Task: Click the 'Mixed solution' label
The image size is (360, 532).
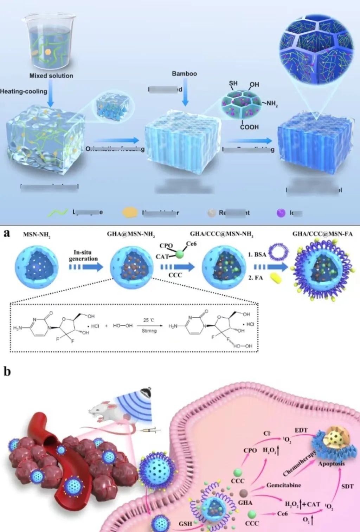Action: (x=51, y=76)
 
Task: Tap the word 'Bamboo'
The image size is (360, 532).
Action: (x=184, y=74)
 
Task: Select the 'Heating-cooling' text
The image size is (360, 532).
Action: (x=24, y=91)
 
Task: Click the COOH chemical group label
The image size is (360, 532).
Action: (x=249, y=127)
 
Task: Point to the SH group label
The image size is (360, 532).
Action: (x=233, y=84)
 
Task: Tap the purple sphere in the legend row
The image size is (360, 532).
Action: (x=281, y=213)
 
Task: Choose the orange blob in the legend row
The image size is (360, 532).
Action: (x=130, y=212)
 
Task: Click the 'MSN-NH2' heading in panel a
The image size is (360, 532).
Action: (x=37, y=234)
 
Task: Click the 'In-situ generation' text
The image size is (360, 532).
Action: (x=83, y=255)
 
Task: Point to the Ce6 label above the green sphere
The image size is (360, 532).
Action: (x=191, y=244)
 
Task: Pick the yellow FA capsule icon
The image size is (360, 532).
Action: (x=276, y=279)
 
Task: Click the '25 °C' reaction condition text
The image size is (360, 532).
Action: (x=149, y=320)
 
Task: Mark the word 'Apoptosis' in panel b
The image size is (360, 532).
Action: (x=331, y=464)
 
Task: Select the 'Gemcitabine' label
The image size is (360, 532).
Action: (x=283, y=485)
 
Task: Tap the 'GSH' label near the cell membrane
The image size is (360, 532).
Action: (x=185, y=524)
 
